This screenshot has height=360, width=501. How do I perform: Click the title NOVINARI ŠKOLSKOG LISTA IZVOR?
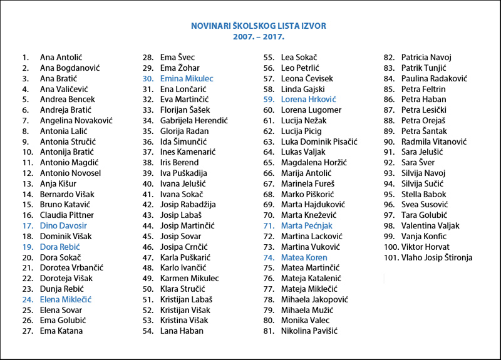tap(259, 26)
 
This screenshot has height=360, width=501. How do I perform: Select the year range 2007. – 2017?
tap(259, 36)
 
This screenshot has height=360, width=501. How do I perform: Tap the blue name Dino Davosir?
tap(63, 225)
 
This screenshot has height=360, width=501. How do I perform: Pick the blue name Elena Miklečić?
tap(66, 299)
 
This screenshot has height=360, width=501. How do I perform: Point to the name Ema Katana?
tap(61, 331)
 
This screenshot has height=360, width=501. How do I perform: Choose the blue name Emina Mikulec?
tap(187, 78)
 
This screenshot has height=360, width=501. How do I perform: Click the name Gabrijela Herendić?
tap(194, 120)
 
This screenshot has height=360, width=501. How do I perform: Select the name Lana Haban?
tap(181, 331)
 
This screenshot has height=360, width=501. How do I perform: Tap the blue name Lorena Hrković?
tap(309, 99)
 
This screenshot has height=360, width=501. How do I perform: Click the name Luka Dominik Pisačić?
tap(319, 141)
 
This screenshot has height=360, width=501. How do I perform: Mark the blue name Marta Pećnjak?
tap(306, 225)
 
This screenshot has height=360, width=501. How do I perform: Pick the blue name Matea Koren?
tap(304, 257)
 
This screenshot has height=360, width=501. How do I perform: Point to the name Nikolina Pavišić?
tap(309, 331)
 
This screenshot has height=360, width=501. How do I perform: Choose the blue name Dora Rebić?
tap(59, 247)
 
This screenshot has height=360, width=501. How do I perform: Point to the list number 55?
tap(269, 57)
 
